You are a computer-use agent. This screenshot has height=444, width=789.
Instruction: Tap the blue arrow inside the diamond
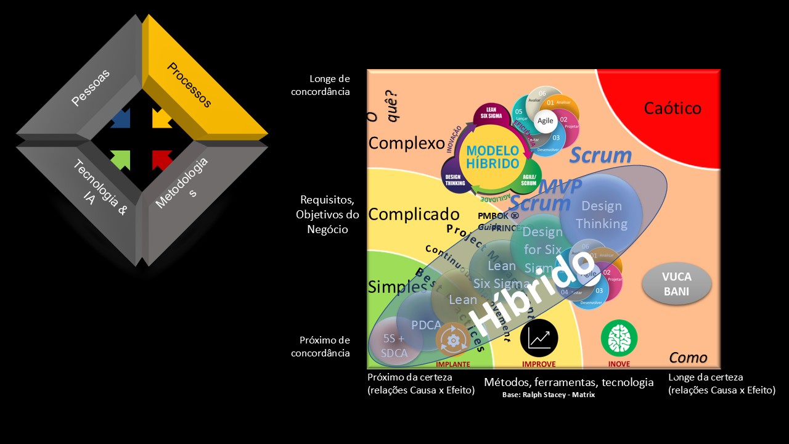(121, 118)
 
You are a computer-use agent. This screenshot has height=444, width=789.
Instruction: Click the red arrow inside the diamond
(161, 160)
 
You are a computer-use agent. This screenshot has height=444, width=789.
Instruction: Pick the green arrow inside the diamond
(121, 160)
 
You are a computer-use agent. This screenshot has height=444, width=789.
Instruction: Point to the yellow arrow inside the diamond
(161, 118)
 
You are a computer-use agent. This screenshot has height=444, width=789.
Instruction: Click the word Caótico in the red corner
(672, 109)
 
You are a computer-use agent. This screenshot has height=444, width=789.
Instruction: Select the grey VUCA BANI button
(676, 285)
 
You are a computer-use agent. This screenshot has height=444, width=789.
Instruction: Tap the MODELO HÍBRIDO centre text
(493, 157)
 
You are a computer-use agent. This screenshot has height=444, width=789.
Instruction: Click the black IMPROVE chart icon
(539, 338)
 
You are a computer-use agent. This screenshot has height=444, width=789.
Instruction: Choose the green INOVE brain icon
(619, 337)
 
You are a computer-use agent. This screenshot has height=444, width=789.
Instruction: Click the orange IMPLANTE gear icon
(453, 340)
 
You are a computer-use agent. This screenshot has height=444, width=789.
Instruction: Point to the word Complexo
(406, 144)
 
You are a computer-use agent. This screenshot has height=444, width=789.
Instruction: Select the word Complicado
(414, 215)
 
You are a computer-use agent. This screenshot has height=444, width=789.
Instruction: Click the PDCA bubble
(425, 324)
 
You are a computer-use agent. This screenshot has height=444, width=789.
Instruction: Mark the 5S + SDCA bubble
(394, 345)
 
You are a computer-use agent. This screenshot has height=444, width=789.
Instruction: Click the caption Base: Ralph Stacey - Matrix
(548, 395)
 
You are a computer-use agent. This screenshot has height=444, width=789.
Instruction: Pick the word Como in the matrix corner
(688, 358)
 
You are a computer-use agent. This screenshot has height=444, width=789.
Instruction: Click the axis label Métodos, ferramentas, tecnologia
(568, 382)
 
